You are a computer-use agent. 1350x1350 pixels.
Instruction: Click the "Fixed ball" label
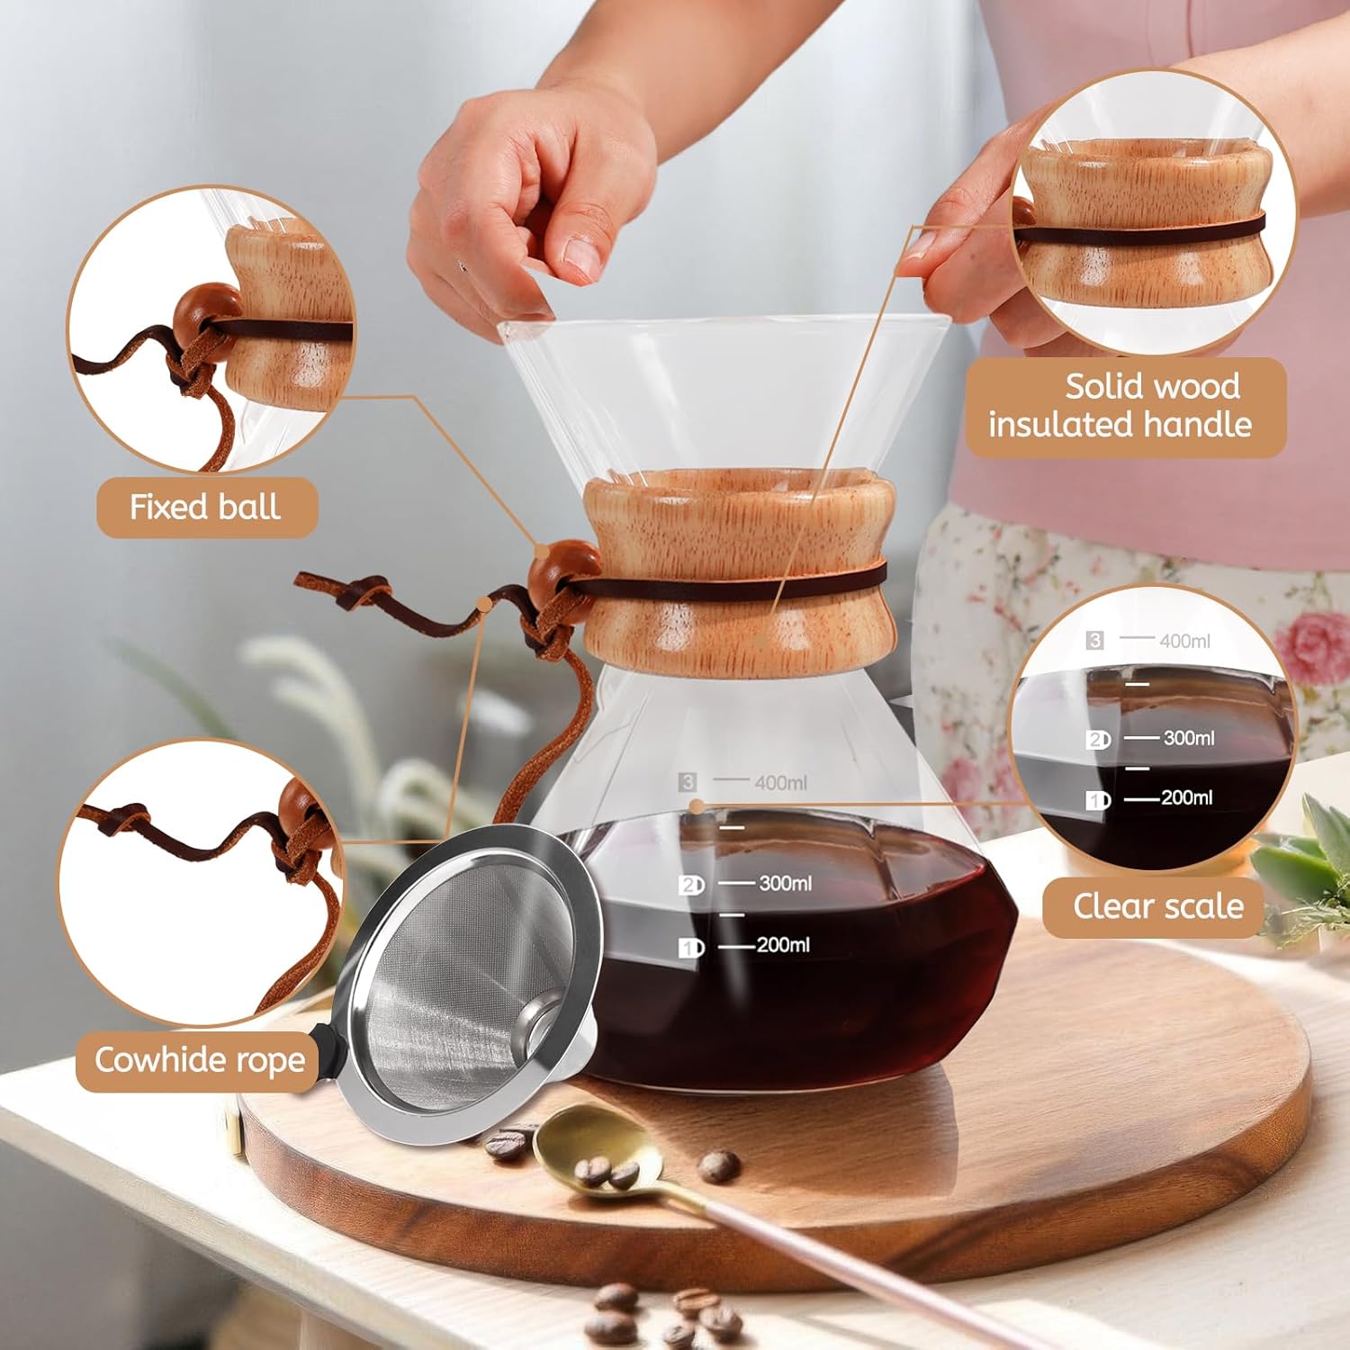[x=205, y=507]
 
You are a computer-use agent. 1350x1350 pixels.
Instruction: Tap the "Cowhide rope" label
[x=200, y=1060]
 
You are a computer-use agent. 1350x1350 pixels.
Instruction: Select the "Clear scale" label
[x=1158, y=906]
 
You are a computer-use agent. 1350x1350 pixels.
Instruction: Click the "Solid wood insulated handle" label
[x=1120, y=405]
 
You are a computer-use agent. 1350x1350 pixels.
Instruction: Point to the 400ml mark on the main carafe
[x=780, y=783]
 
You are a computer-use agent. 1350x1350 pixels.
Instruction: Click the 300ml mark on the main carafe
[x=785, y=883]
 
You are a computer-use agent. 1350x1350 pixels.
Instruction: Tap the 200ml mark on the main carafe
[x=783, y=944]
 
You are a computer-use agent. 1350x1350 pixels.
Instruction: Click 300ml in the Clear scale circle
[x=1189, y=738]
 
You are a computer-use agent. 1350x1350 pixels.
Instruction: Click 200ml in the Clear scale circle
[x=1187, y=797]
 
